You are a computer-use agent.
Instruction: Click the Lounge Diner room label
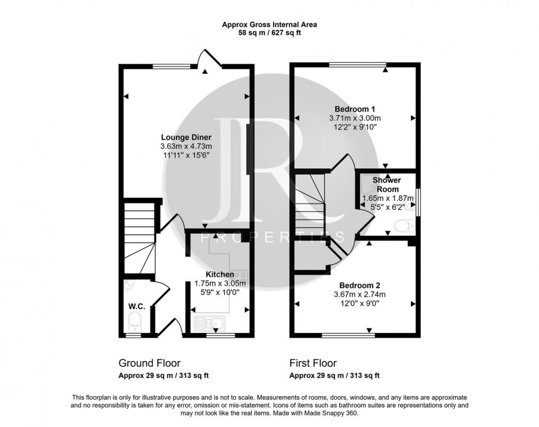(186, 137)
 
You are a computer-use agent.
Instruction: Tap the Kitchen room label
(220, 274)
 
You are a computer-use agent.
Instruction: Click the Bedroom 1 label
(355, 108)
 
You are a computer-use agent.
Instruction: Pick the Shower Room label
(387, 184)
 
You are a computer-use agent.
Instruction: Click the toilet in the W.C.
(134, 320)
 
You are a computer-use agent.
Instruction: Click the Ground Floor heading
(150, 363)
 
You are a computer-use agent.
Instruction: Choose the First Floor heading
(313, 363)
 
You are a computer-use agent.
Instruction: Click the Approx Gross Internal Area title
(269, 24)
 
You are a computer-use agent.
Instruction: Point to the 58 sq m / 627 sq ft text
(269, 33)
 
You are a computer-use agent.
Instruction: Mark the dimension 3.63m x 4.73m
(186, 146)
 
